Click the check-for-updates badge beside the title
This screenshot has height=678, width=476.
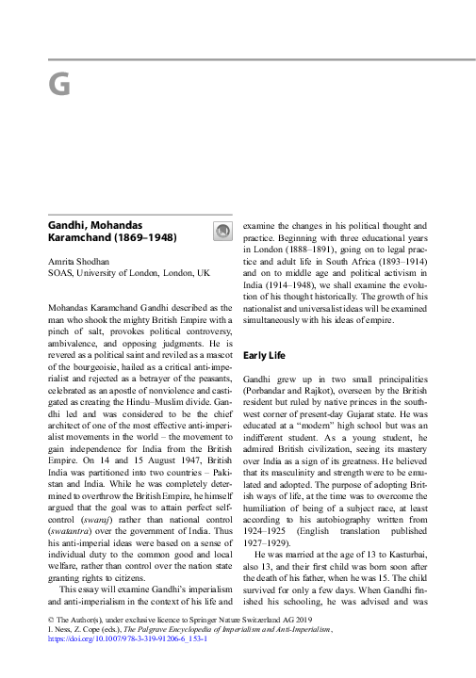pos(222,231)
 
